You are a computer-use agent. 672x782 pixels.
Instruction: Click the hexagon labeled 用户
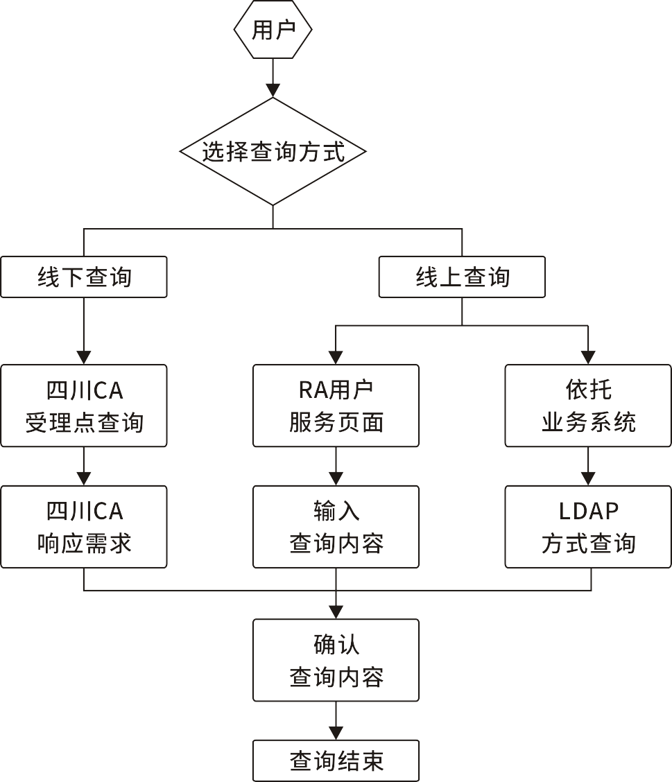273,30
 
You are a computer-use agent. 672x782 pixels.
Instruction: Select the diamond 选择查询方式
273,151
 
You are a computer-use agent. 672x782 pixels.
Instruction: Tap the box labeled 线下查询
84,277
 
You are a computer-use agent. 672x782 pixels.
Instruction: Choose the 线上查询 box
462,277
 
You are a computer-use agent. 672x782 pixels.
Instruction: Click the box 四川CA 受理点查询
84,406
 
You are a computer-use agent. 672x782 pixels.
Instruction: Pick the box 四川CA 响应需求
84,527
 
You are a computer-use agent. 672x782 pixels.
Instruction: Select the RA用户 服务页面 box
336,406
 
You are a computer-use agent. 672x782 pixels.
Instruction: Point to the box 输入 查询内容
336,527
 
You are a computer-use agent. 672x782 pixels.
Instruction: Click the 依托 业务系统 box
588,406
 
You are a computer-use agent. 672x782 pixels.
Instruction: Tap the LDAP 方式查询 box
588,527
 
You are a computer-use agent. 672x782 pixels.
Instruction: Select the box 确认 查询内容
336,660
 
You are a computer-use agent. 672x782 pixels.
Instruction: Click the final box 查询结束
336,761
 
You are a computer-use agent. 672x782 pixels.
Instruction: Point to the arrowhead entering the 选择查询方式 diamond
273,90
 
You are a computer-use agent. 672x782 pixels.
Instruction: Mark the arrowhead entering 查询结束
336,733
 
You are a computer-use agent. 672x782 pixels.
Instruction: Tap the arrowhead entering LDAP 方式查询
588,478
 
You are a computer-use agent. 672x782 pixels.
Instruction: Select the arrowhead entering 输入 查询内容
336,478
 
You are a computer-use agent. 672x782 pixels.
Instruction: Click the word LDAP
588,512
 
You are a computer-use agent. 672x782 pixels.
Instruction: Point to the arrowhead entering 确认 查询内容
336,612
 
